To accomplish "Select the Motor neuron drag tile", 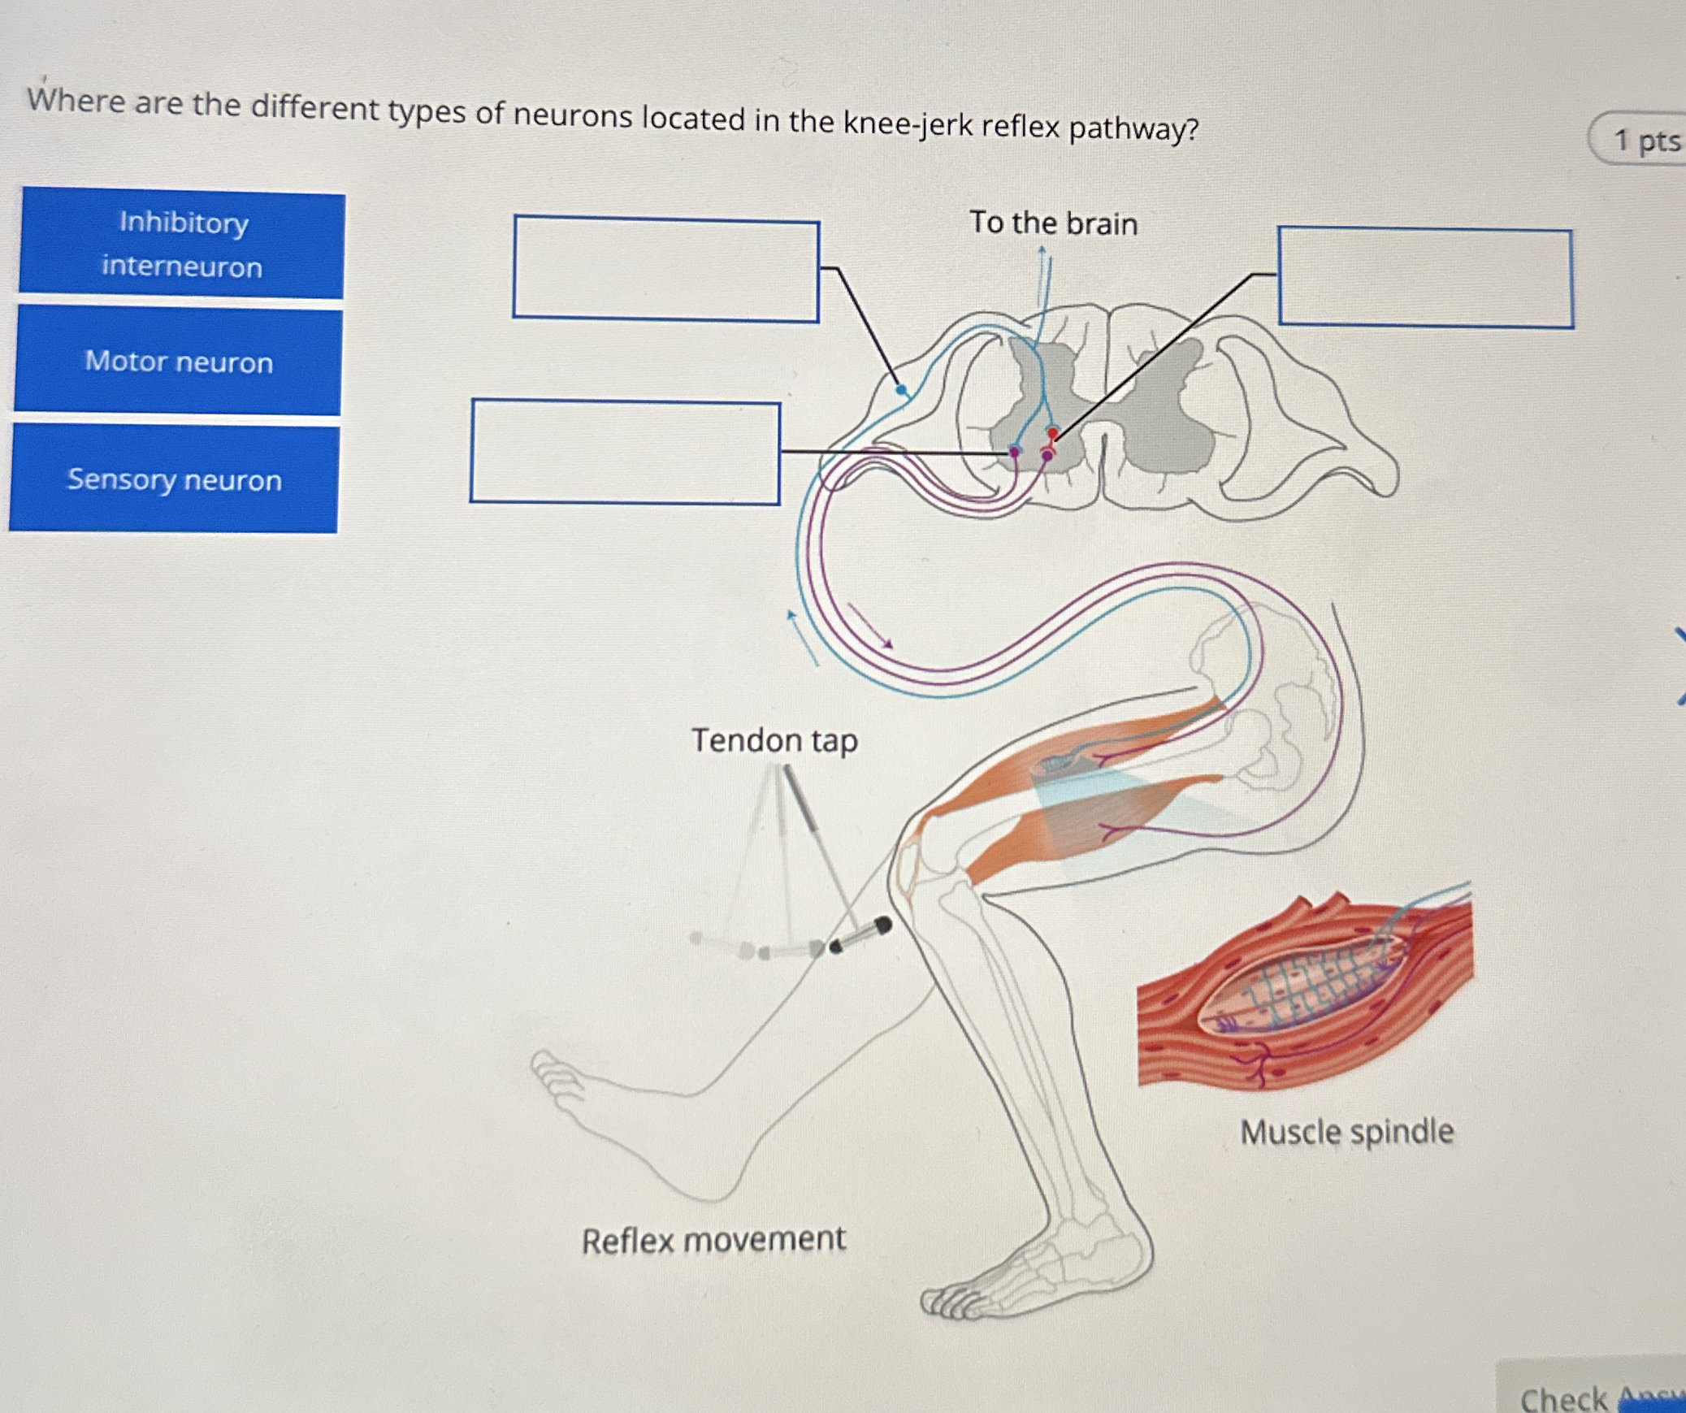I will (179, 362).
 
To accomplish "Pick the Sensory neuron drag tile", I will (175, 479).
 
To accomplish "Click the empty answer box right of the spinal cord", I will (1425, 279).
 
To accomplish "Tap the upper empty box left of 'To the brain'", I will (665, 269).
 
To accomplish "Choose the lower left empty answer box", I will (625, 452).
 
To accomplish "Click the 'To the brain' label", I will (1053, 223).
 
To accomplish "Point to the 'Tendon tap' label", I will (774, 740).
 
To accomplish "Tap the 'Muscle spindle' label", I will (1346, 1132).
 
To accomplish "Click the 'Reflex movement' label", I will (713, 1240).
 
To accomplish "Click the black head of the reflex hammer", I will (882, 925).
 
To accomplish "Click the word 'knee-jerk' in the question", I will (907, 124).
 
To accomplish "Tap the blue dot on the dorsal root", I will (901, 391).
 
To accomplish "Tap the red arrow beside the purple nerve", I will (870, 626).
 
